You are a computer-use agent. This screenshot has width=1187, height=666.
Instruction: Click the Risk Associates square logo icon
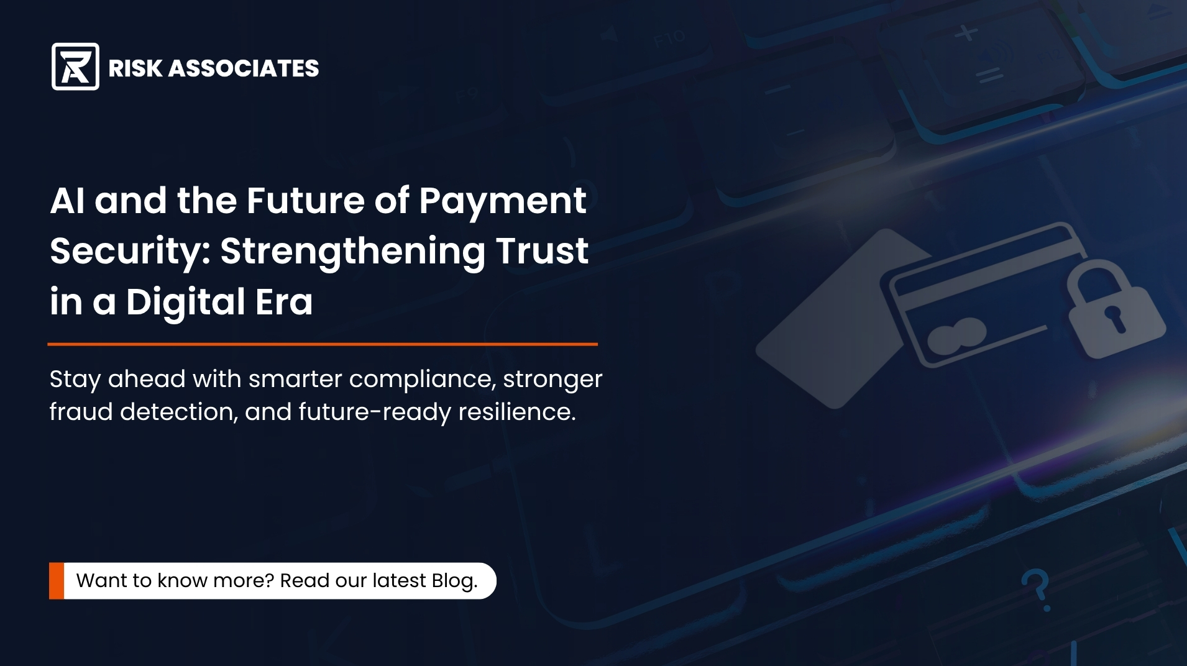[75, 66]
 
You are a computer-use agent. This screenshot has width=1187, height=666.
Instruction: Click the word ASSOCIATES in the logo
[244, 68]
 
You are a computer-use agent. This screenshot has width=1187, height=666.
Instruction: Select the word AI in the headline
[67, 201]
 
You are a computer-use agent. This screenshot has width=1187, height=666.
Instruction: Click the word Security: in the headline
[130, 252]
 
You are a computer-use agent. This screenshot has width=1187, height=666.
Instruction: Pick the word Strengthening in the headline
[352, 252]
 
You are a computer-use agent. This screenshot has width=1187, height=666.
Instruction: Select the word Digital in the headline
[185, 303]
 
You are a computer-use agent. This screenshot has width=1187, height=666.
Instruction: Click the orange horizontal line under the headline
[323, 344]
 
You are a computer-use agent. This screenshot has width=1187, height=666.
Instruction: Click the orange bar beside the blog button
[57, 581]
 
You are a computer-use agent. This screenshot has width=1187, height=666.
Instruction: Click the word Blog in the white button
[453, 580]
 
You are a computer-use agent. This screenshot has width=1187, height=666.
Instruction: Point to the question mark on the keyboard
[1036, 589]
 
